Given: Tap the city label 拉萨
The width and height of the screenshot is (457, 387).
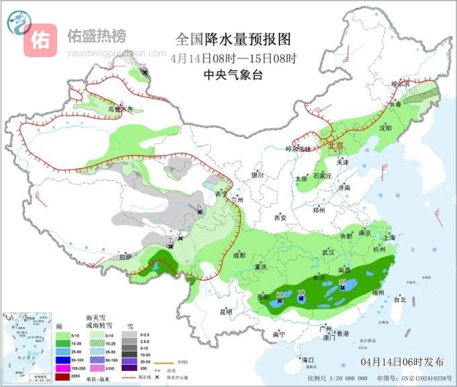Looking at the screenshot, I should (125, 257).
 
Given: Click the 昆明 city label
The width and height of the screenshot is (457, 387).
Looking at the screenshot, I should (226, 312).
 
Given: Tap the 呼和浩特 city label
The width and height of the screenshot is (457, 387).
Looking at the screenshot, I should (298, 149).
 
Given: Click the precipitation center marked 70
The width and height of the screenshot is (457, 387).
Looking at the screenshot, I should (300, 293).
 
